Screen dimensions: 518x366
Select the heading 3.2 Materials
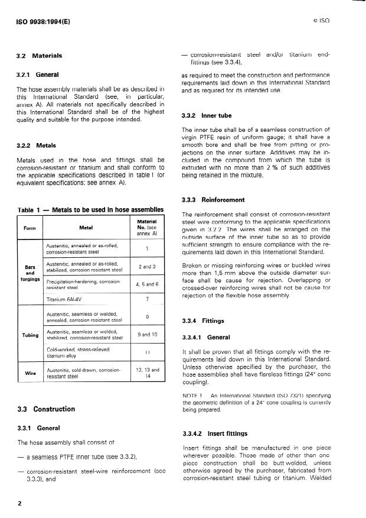click(39, 56)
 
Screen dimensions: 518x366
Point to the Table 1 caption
click(90, 210)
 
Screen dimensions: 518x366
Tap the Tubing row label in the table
click(30, 335)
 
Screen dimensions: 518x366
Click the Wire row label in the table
click(30, 373)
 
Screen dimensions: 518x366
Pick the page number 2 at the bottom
click(19, 504)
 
